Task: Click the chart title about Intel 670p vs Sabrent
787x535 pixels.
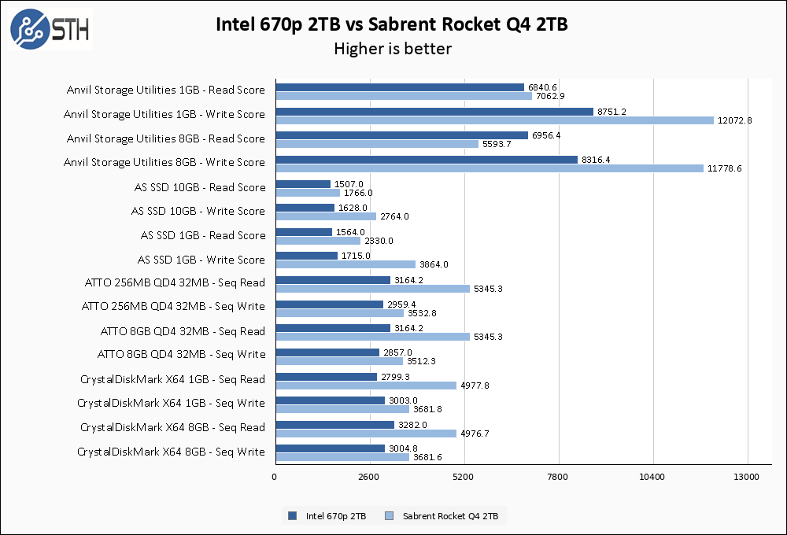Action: [x=392, y=25]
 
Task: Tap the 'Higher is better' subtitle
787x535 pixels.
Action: [x=392, y=49]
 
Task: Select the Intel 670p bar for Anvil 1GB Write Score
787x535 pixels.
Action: [x=434, y=112]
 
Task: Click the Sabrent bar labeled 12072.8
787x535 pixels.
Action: [x=494, y=120]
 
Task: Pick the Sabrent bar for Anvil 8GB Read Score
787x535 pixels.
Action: [x=377, y=144]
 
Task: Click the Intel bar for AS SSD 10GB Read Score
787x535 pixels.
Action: [x=303, y=184]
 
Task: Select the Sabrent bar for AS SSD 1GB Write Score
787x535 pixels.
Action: [x=345, y=264]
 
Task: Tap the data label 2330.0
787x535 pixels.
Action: [x=379, y=241]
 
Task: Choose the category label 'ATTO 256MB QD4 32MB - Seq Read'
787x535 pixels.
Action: [x=175, y=282]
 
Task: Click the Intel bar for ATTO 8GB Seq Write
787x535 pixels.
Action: [x=327, y=352]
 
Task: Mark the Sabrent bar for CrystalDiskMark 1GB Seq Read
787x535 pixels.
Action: [x=366, y=386]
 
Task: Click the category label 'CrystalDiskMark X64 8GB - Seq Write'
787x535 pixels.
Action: [x=171, y=452]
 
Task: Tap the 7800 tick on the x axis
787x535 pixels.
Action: [x=558, y=477]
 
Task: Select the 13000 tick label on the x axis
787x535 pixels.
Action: [x=746, y=477]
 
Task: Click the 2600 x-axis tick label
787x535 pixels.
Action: [x=369, y=477]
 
